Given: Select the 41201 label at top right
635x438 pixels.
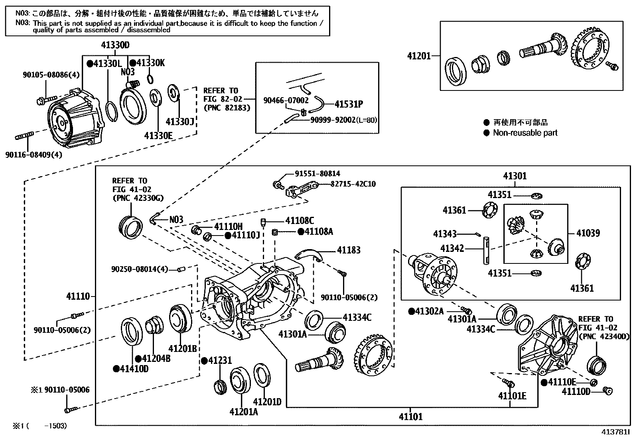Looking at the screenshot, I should (x=419, y=56).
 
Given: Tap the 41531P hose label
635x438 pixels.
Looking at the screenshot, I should (x=349, y=104).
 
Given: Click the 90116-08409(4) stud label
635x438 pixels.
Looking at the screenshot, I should (x=34, y=155).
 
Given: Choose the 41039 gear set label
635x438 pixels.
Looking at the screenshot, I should (x=588, y=233).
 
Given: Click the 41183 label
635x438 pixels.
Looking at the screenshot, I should (x=349, y=250).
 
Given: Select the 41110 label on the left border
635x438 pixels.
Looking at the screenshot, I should (x=78, y=297).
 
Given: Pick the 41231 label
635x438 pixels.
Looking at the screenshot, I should (x=219, y=361).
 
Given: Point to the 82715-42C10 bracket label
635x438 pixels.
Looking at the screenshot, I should (x=353, y=184).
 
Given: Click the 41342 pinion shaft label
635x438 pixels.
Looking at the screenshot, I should (x=452, y=249).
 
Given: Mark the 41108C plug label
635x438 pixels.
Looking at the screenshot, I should (x=299, y=220).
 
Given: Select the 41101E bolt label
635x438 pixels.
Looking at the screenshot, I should (x=512, y=396).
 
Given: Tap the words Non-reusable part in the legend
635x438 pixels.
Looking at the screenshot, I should (x=525, y=133).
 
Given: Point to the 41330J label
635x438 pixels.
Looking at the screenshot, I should (x=180, y=121).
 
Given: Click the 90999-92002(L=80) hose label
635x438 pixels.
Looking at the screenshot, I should (x=343, y=120).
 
